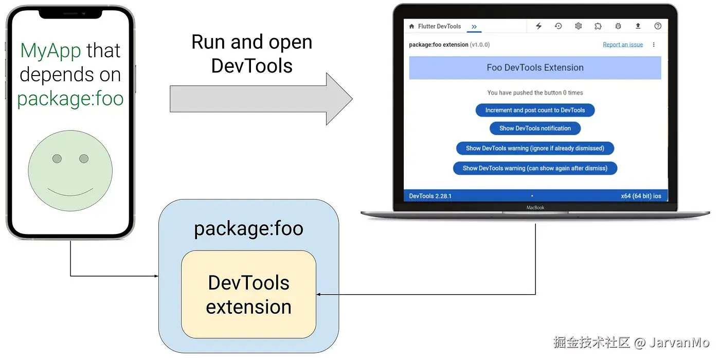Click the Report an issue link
pos(623,45)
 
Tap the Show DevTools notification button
pos(535,128)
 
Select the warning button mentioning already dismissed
pos(535,148)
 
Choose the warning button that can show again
pos(535,168)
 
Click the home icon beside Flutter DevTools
pos(412,26)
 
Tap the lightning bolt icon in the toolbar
pos(539,26)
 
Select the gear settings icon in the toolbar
pos(578,26)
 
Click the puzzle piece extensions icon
pos(598,26)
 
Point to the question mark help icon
pos(658,26)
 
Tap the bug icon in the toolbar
pos(618,26)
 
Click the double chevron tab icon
pos(474,27)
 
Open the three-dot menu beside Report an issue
pos(654,45)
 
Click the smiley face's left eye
pos(57,158)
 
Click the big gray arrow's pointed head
pos(353,99)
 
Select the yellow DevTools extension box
pos(249,294)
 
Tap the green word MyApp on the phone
pos(50,50)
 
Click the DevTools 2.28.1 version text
pos(430,196)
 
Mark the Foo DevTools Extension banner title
pos(535,67)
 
